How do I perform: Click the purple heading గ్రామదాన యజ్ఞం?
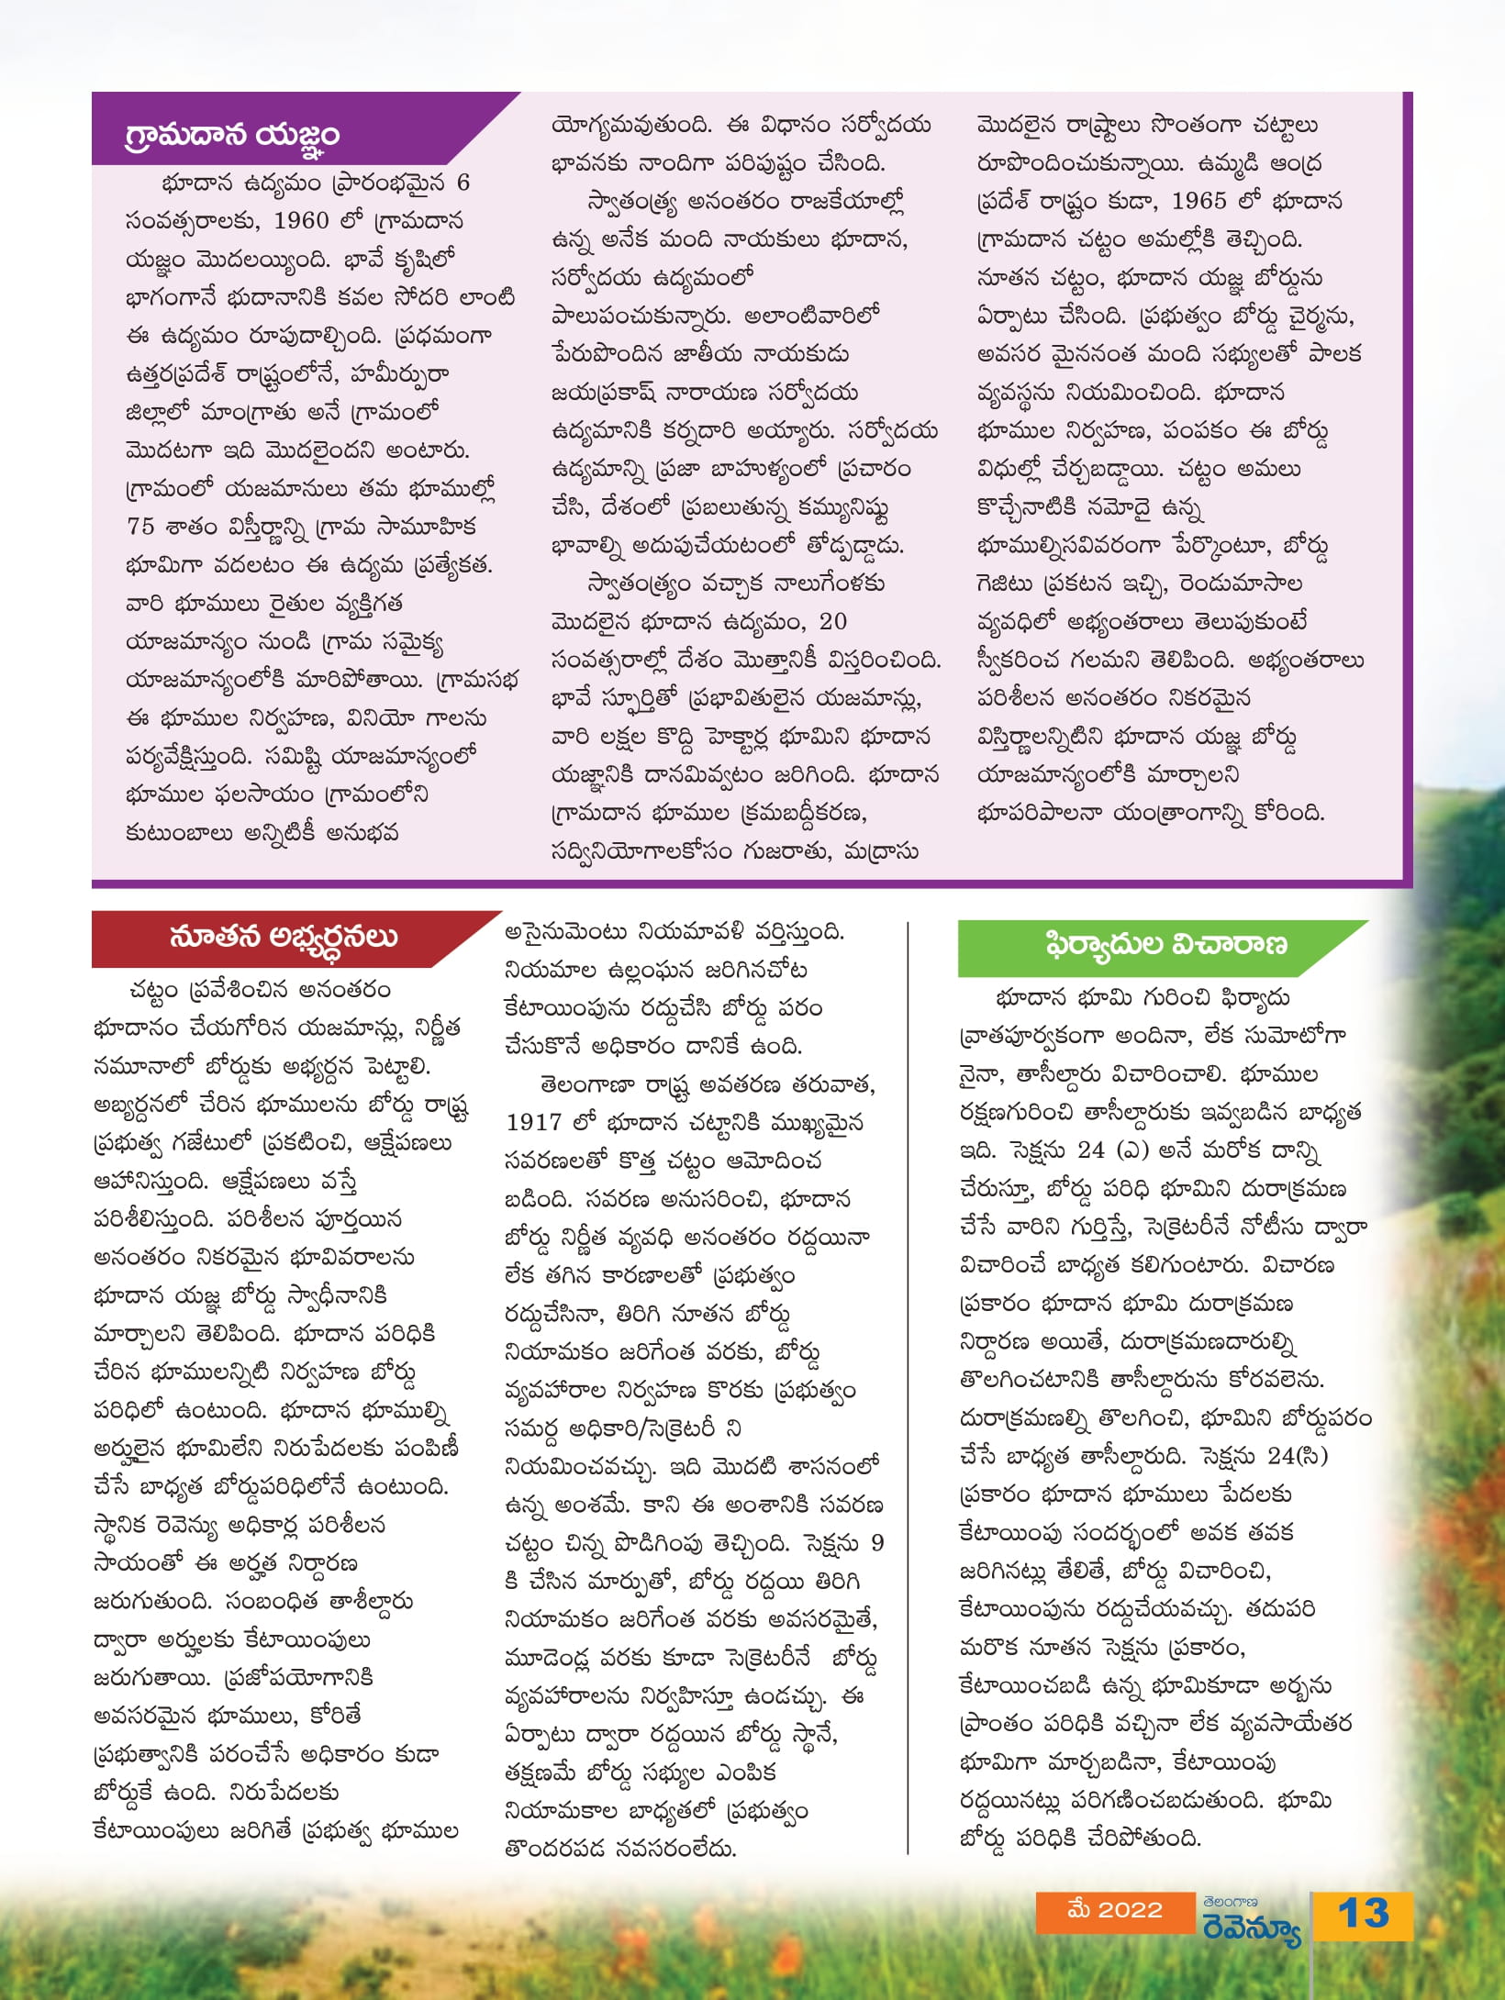(x=232, y=136)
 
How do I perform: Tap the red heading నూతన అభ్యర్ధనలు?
(x=283, y=938)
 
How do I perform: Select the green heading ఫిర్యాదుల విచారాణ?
(x=1165, y=944)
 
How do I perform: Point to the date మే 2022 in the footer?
(x=1115, y=1909)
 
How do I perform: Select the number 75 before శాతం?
(x=141, y=527)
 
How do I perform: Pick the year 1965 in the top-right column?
(x=1198, y=201)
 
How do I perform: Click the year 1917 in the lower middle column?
(x=533, y=1122)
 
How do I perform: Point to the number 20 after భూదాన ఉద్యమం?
(x=832, y=621)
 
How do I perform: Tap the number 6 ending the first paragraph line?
(x=463, y=183)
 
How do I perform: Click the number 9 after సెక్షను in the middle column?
(x=877, y=1542)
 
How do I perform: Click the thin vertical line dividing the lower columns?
(x=908, y=1376)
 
